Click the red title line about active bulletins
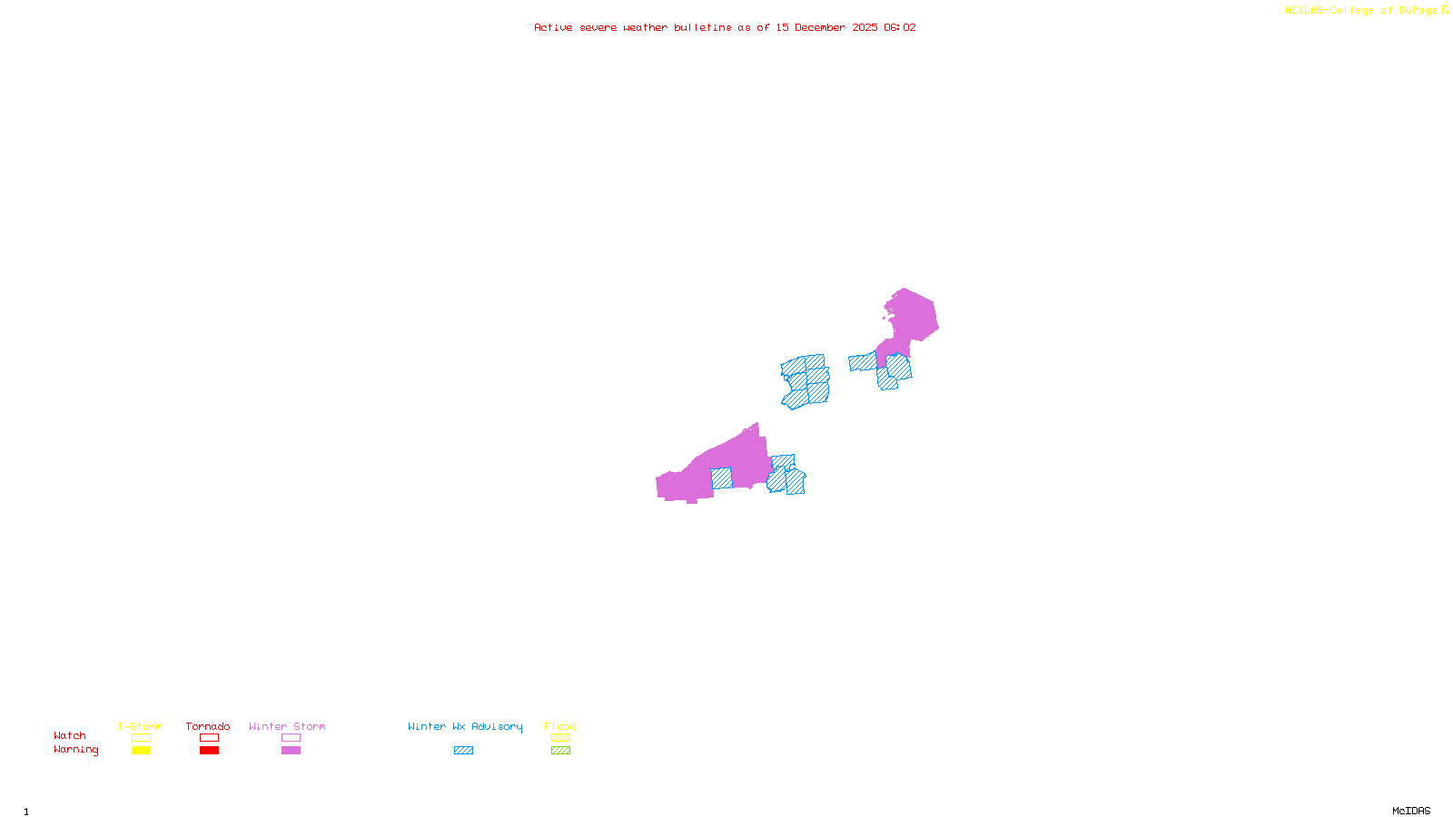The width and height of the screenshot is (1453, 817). coord(725,27)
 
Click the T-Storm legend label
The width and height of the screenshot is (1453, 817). coord(140,726)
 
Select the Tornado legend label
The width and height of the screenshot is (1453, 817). coord(208,726)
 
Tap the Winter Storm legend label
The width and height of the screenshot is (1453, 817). coord(287,726)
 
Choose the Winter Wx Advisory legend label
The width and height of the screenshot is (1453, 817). coord(465,726)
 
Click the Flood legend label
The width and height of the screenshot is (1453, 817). coord(560,726)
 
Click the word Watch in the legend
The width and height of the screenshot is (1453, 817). coord(70,735)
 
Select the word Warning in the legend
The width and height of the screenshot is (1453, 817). coord(75,750)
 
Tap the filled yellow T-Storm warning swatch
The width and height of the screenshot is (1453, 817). coord(141,751)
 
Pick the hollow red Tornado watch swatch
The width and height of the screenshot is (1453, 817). coord(209,738)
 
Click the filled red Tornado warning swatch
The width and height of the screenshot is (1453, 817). coord(209,751)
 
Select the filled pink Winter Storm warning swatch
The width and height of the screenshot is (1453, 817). coord(291,751)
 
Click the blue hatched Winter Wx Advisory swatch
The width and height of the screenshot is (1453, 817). coord(463,751)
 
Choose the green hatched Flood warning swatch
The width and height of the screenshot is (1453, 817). coord(560,751)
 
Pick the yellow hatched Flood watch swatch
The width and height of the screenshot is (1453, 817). coord(560,738)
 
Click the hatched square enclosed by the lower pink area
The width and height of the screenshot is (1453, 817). coord(721,478)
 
